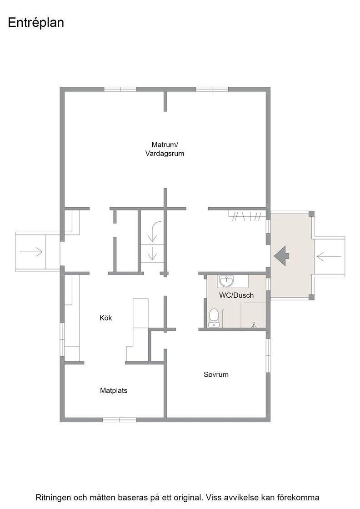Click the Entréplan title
point(36,23)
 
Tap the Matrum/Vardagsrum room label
point(165,149)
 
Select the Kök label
point(106,318)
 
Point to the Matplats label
point(114,390)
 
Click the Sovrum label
point(216,374)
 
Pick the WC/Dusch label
point(236,295)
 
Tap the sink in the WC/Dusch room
point(226,281)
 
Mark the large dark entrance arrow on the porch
point(281,256)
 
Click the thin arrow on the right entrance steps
point(329,257)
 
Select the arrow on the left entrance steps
point(31,252)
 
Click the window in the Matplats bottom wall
point(120,420)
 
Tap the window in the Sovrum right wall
point(268,356)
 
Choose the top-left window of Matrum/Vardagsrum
point(120,89)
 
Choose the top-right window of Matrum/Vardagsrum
point(212,89)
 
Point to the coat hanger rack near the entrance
point(247,216)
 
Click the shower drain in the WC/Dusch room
point(254,324)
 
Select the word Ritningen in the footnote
point(53,497)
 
